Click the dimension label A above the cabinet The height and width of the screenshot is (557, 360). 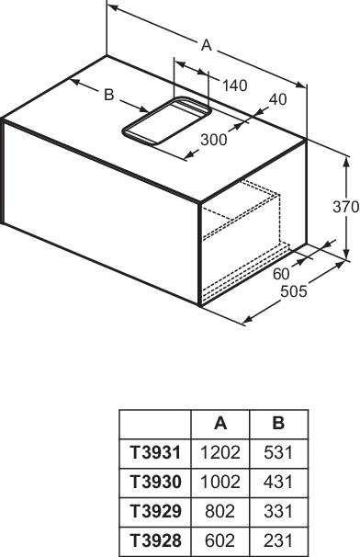coord(207,46)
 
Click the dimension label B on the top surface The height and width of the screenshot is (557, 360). coord(109,95)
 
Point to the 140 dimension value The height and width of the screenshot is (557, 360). coord(234,85)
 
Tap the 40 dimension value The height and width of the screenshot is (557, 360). coord(277,100)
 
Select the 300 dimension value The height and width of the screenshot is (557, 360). coord(214,140)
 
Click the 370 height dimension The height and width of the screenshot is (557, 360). coord(346,207)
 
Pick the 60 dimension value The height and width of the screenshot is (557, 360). coord(281,274)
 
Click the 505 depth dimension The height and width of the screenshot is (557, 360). coord(294,291)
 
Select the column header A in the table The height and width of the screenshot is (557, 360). coord(220,424)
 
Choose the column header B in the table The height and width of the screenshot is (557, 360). coord(278,424)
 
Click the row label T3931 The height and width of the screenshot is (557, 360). coord(155,452)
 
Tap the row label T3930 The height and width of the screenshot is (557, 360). coord(155,482)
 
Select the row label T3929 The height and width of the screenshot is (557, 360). coord(155,512)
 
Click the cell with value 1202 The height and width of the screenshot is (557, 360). coord(220,452)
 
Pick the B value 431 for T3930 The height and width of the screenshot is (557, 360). coord(278,482)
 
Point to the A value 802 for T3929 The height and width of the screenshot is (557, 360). coord(220,512)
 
